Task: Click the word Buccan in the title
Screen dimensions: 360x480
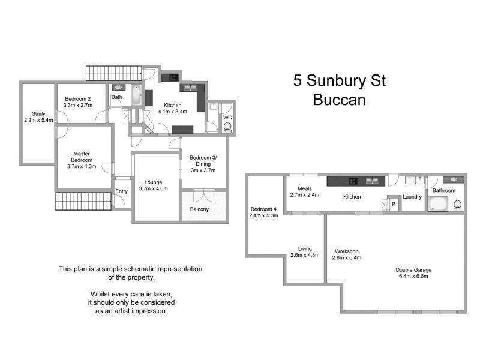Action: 339,100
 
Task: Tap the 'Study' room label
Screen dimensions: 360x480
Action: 38,113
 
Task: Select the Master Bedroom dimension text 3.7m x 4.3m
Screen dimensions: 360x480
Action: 82,167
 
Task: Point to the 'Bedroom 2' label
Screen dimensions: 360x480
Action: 77,98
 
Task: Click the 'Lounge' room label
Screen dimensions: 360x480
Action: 153,182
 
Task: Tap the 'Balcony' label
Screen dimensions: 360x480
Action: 199,209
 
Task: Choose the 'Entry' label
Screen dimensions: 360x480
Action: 122,191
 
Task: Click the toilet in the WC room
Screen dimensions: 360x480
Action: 227,127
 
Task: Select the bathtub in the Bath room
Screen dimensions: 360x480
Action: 136,96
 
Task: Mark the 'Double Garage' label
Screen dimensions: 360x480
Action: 414,269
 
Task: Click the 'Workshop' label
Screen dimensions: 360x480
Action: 346,251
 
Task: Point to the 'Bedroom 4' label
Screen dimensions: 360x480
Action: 263,209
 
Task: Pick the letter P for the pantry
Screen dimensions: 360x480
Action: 394,203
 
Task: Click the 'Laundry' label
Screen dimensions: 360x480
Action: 412,196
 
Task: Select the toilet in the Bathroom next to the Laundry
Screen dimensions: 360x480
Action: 458,205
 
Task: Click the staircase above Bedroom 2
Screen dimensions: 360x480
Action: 114,73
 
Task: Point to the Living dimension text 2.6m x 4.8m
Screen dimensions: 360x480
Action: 305,255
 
